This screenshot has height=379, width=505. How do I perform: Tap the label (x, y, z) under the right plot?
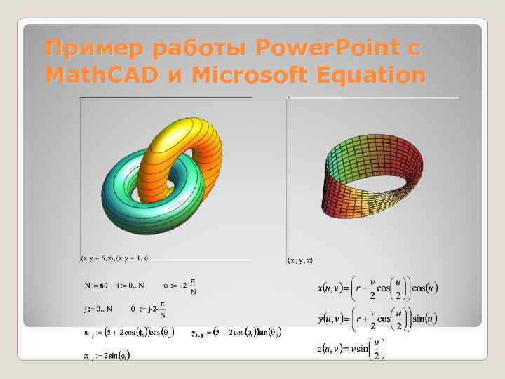300,260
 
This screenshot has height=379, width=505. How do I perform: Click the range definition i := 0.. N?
131,286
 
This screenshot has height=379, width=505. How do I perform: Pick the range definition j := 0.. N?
97,309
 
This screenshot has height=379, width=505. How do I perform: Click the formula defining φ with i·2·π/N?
180,286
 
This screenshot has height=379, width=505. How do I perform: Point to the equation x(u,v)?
376,288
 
